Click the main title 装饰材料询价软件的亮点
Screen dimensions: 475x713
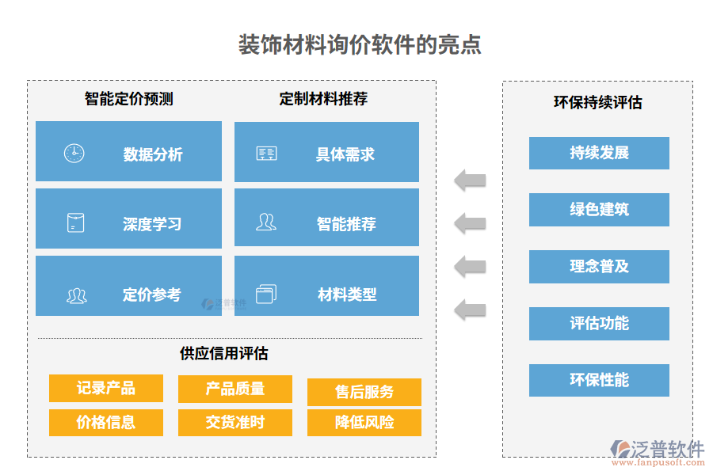(360, 44)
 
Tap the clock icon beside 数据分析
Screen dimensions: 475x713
(74, 154)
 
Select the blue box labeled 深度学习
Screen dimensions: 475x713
(128, 224)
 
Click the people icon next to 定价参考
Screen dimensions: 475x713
(76, 296)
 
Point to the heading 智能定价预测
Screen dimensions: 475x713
(128, 99)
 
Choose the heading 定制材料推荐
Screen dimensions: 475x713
(323, 99)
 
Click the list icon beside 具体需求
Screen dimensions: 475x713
(266, 154)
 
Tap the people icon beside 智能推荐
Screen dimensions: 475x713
(266, 222)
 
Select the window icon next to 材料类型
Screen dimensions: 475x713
(266, 294)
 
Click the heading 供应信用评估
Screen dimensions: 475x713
(224, 353)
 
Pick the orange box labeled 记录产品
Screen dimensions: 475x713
(106, 388)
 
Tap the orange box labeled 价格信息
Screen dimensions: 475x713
(106, 422)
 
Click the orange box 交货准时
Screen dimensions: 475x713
(235, 422)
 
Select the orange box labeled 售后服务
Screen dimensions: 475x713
(364, 392)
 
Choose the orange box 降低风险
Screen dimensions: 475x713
(364, 422)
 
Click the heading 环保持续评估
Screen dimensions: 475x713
(597, 103)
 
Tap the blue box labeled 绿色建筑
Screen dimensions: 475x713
(599, 210)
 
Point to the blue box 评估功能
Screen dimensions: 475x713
(599, 324)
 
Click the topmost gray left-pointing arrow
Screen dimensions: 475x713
(470, 180)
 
